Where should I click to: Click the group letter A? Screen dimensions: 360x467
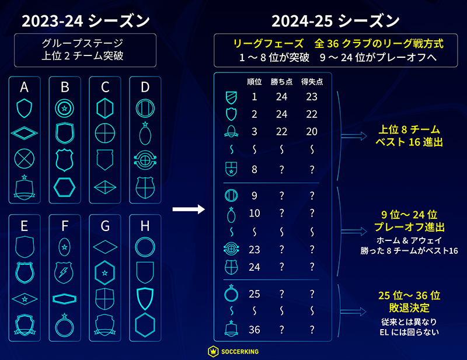(x=25, y=88)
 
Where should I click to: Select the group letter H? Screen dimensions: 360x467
(x=145, y=225)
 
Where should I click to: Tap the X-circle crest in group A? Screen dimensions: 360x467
(x=25, y=159)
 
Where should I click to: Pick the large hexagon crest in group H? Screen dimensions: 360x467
(x=145, y=324)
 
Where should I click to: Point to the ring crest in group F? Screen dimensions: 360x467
(x=65, y=326)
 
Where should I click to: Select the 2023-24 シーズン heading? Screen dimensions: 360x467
(x=86, y=22)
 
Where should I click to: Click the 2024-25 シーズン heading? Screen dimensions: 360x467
(x=335, y=22)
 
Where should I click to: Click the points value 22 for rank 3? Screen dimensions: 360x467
(x=283, y=131)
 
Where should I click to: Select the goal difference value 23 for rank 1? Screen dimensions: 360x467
(x=311, y=97)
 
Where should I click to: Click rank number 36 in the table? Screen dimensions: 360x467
(x=255, y=330)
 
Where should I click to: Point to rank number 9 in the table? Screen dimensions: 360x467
(x=255, y=197)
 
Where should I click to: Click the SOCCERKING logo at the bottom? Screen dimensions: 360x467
(x=233, y=351)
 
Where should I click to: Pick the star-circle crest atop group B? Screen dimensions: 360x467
(x=65, y=107)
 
